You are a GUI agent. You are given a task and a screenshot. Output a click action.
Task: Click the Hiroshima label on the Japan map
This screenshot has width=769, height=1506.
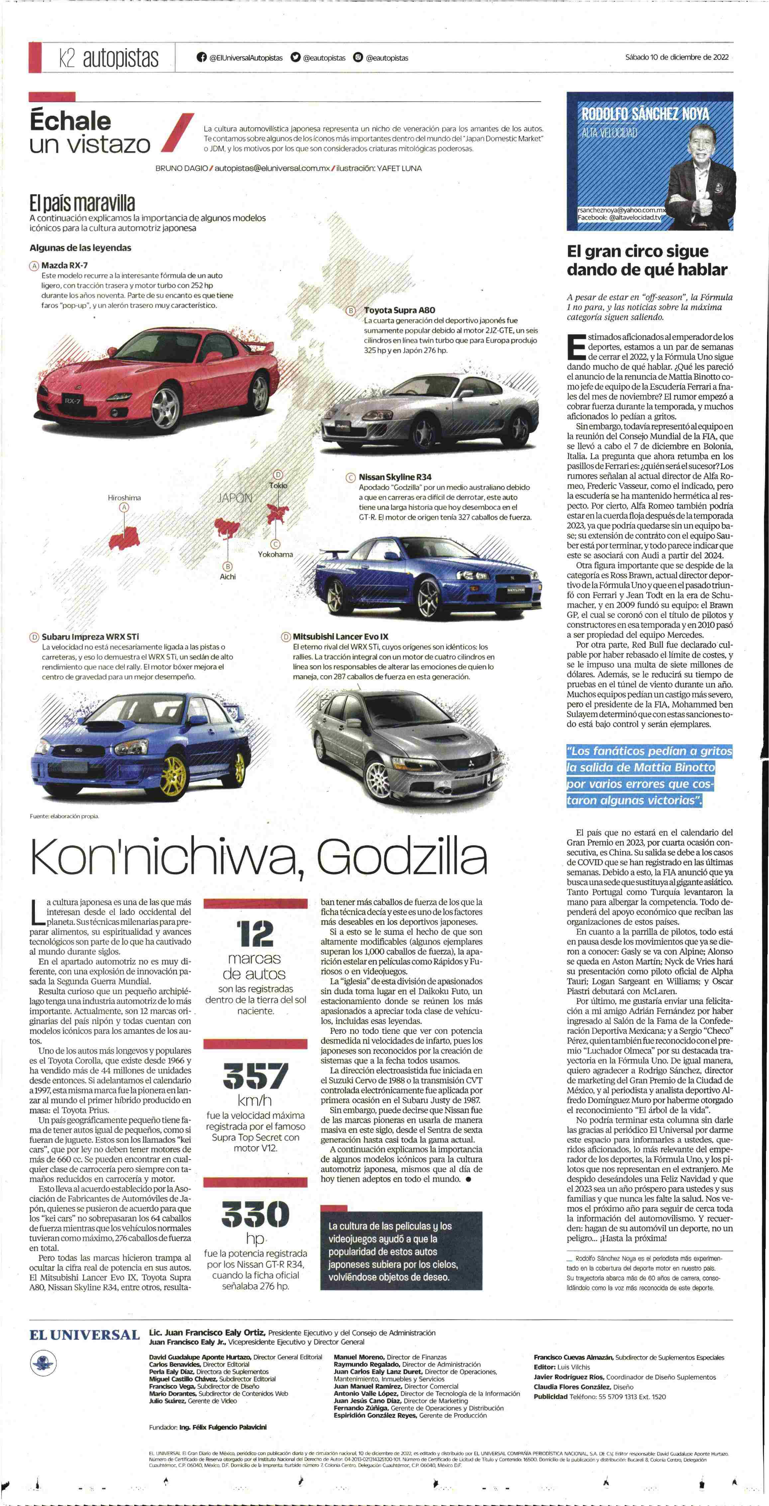[x=124, y=497]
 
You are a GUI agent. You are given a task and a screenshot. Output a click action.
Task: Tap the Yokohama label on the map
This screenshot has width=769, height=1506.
[x=275, y=554]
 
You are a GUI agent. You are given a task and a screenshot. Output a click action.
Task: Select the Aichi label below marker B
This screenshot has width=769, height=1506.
[x=228, y=577]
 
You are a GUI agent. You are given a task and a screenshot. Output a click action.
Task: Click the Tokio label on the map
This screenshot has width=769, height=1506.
[x=278, y=485]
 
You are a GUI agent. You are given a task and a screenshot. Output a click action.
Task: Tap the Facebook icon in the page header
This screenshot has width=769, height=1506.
[x=202, y=57]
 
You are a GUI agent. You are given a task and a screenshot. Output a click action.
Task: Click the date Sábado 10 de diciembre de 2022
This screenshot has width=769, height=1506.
[x=677, y=57]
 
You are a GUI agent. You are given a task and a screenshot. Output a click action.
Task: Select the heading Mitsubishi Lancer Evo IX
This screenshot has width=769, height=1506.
[x=340, y=636]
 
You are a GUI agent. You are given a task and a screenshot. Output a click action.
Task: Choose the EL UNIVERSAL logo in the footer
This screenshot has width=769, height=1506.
[x=85, y=1335]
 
